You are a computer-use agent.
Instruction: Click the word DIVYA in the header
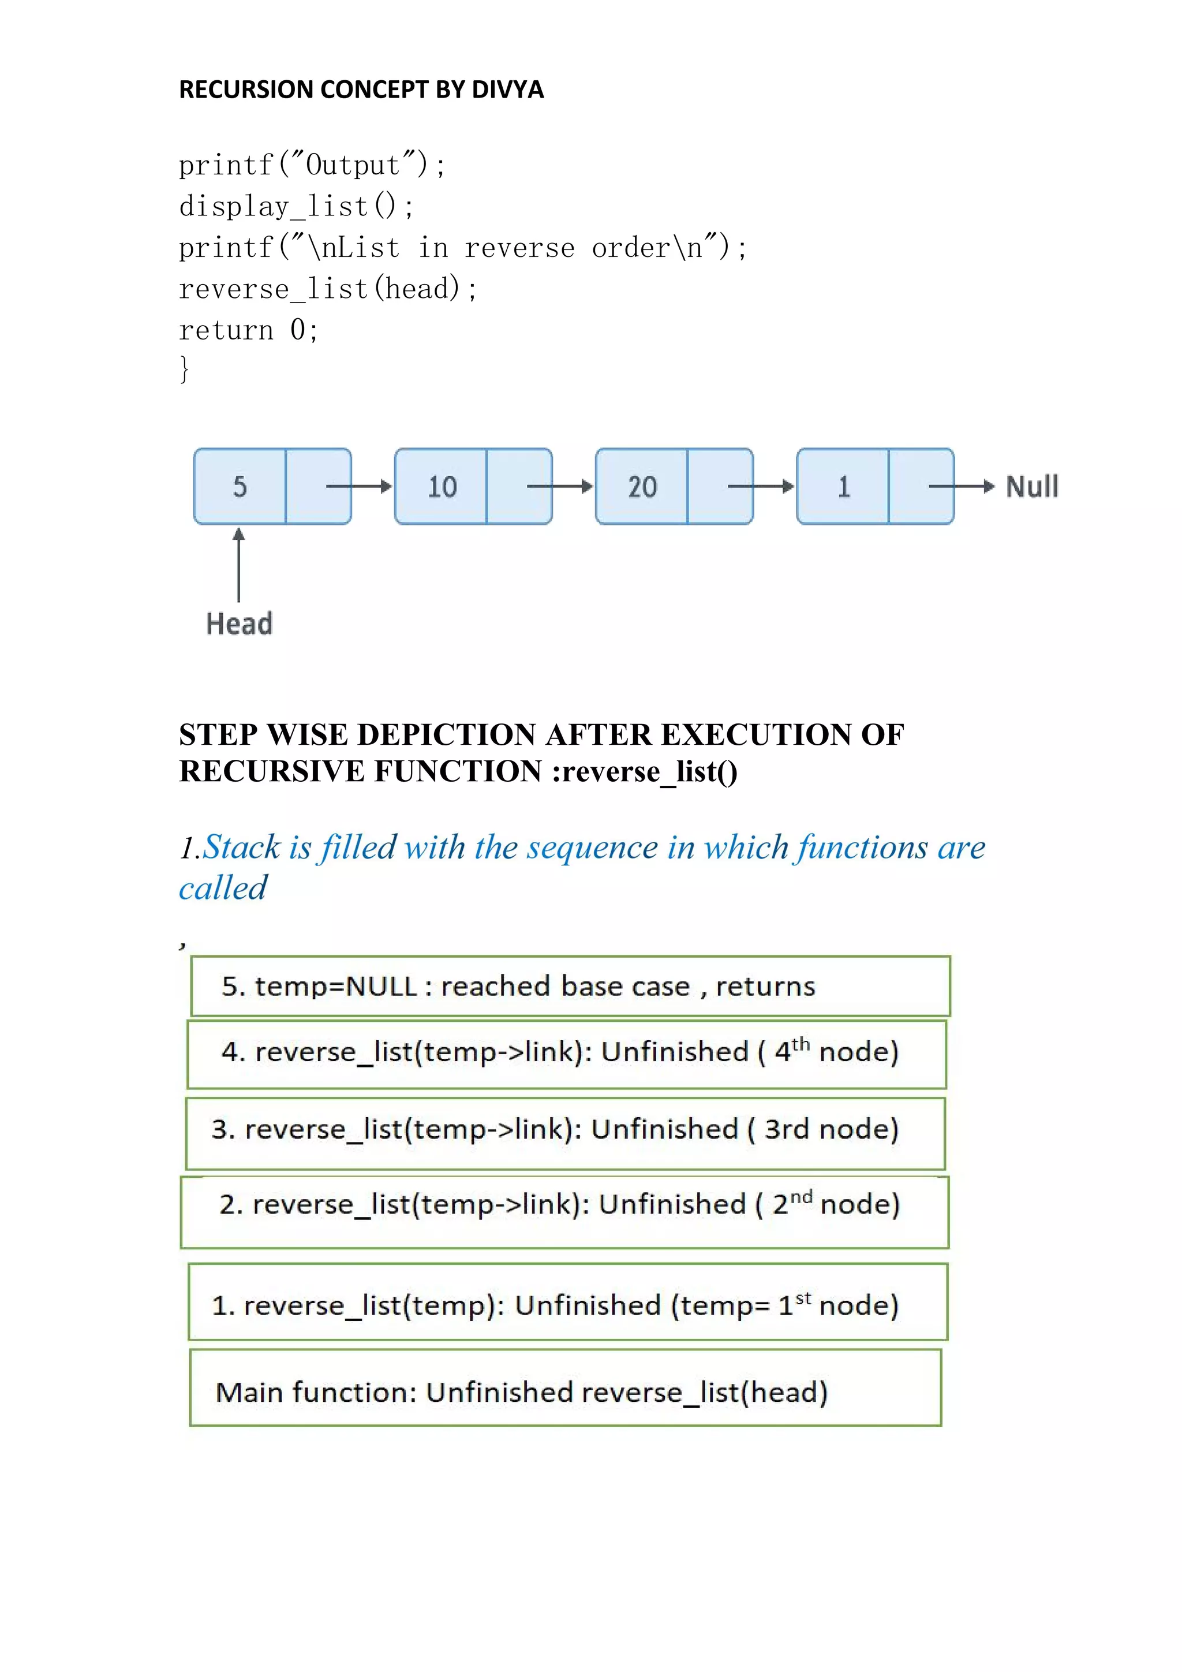507,89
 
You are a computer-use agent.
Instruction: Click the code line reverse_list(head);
327,289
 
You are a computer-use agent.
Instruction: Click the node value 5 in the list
240,487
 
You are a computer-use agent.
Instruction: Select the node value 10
441,487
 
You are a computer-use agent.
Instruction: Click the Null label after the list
1031,487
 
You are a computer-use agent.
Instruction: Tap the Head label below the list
239,624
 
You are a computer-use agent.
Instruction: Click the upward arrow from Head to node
239,565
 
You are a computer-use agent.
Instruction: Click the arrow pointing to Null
961,487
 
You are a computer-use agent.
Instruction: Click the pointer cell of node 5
318,487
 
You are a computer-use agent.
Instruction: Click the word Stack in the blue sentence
242,848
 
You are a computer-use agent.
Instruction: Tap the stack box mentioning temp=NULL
570,986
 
